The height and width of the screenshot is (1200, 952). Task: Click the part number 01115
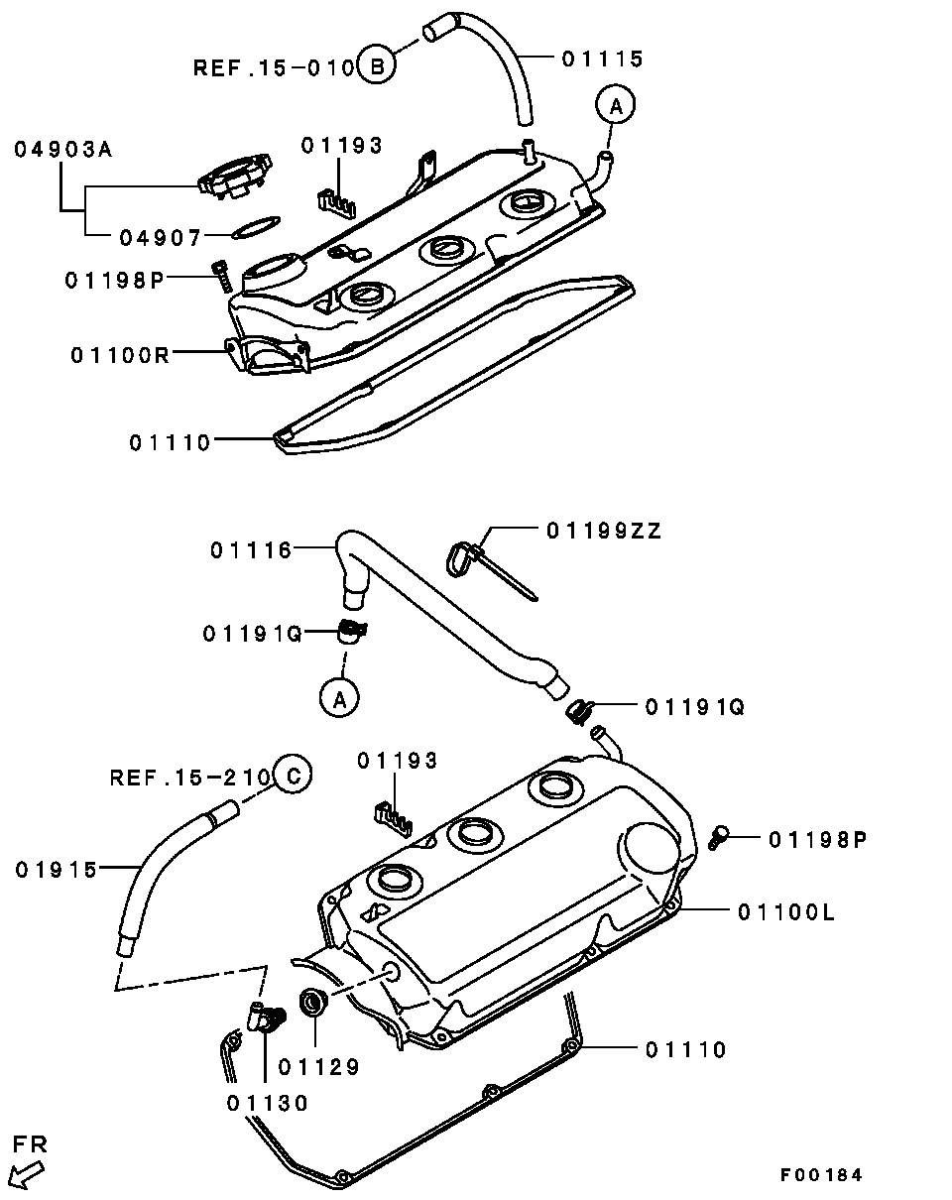603,59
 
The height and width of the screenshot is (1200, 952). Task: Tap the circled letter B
376,66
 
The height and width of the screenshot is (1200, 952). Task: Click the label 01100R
120,354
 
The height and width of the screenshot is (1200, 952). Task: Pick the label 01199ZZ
603,532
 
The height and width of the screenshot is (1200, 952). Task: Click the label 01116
251,549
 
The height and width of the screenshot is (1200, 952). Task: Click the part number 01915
57,870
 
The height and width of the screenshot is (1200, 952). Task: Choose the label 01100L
785,910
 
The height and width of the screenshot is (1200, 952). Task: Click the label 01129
318,1067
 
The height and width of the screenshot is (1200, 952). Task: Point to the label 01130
267,1102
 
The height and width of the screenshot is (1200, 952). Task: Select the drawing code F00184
821,1175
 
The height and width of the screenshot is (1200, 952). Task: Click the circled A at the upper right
615,105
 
